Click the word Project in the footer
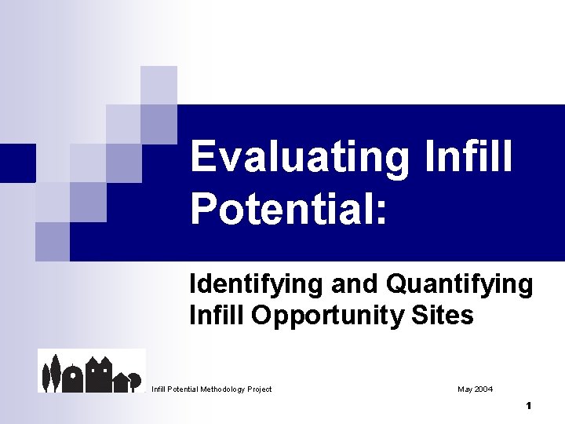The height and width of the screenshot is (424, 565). pyautogui.click(x=260, y=389)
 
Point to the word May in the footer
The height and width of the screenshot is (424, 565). pyautogui.click(x=465, y=389)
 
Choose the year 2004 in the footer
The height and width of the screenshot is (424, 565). pyautogui.click(x=484, y=389)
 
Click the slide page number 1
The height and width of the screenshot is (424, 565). pyautogui.click(x=529, y=406)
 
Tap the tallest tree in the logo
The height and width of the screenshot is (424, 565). pyautogui.click(x=55, y=372)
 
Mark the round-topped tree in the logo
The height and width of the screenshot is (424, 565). pyautogui.click(x=135, y=378)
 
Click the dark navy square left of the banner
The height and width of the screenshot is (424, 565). pyautogui.click(x=17, y=163)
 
